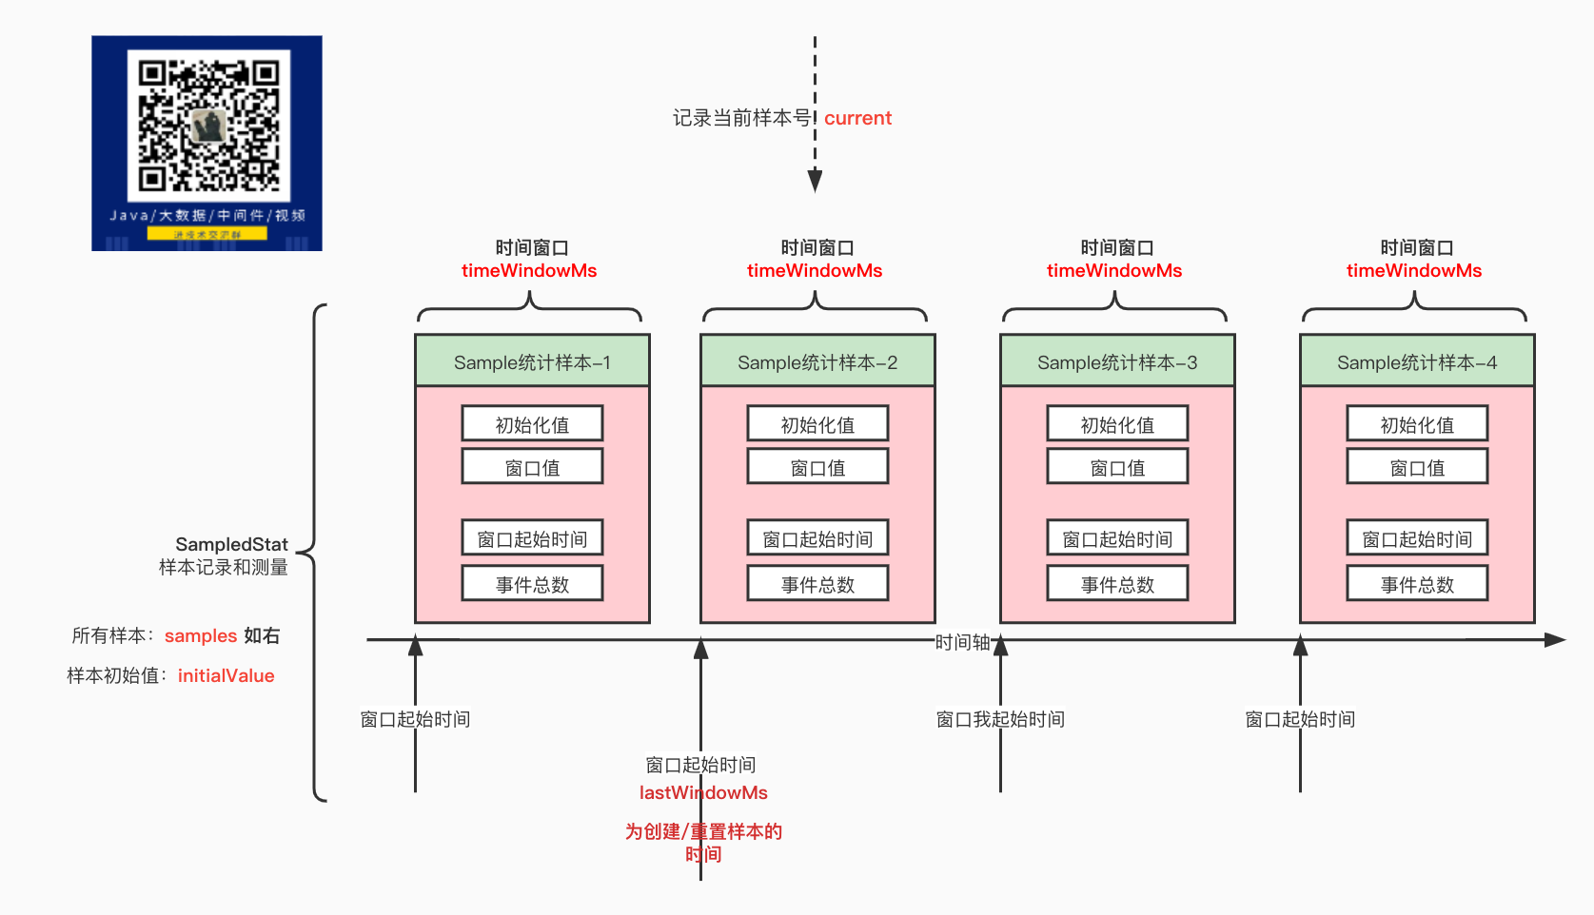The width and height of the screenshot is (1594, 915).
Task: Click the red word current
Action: [x=857, y=118]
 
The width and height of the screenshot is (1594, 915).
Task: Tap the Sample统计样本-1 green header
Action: [x=532, y=361]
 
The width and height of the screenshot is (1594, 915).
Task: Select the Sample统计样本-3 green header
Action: [x=1117, y=361]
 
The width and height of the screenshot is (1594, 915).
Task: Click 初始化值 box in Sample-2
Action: [x=817, y=424]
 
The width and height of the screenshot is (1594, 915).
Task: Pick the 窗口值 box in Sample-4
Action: [x=1417, y=467]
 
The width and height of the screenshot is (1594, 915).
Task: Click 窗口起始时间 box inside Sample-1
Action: [x=532, y=538]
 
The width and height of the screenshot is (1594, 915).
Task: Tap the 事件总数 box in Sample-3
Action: [x=1117, y=584]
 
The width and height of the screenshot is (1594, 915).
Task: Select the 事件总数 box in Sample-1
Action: [x=532, y=584]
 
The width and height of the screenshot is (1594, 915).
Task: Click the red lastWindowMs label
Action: [x=703, y=792]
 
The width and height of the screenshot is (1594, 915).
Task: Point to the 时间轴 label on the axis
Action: [x=962, y=642]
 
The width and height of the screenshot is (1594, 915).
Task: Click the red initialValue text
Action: [x=226, y=675]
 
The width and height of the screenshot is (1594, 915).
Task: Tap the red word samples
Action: [x=201, y=635]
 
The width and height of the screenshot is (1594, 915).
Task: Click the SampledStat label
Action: [x=231, y=544]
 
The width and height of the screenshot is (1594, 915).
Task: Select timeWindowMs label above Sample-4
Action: [x=1414, y=270]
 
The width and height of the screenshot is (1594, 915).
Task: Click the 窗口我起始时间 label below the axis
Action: [x=1000, y=719]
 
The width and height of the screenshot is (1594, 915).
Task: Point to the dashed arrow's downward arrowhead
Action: [x=815, y=181]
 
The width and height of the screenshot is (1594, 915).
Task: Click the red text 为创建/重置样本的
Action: [x=703, y=831]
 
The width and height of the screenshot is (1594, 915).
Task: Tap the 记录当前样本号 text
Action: [x=741, y=118]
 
